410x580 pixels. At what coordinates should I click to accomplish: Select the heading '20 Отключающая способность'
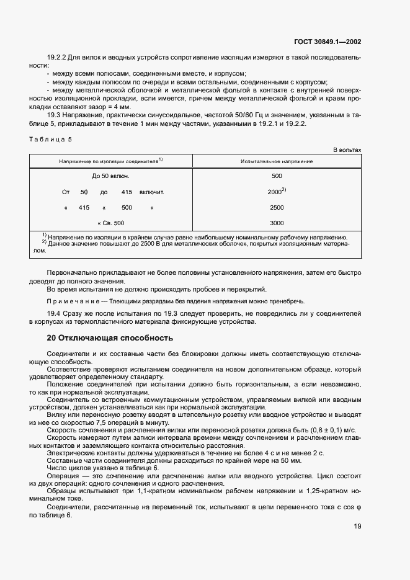(x=110, y=338)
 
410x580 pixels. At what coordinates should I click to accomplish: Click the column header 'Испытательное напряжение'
(x=277, y=161)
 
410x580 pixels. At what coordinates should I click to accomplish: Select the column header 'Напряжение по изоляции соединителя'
(x=111, y=161)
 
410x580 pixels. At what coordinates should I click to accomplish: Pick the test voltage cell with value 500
(x=277, y=176)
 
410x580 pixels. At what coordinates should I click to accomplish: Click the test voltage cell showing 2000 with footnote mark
(x=277, y=192)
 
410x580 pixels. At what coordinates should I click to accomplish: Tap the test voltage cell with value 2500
(x=277, y=207)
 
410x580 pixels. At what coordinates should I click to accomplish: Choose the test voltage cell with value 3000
(x=277, y=223)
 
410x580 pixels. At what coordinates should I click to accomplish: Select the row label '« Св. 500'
(x=111, y=223)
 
